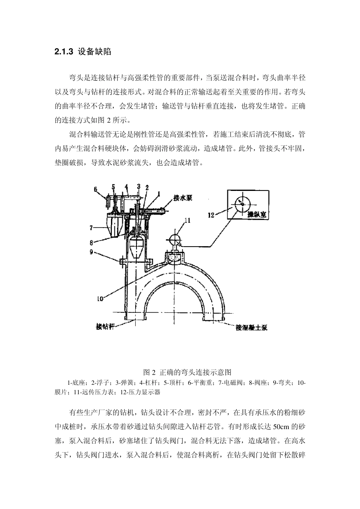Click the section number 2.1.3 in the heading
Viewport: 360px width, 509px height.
(64, 52)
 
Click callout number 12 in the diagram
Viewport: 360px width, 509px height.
(211, 215)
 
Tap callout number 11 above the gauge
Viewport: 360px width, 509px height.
(187, 220)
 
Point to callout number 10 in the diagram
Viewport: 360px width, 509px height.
(100, 298)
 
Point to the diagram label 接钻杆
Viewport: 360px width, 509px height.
(105, 326)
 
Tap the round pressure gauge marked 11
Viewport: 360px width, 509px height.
(175, 239)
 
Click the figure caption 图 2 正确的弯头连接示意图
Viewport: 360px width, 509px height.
(180, 372)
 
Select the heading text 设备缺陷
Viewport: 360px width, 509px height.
(94, 52)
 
